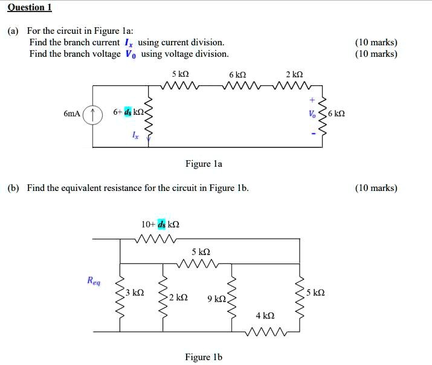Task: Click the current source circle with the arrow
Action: (x=92, y=115)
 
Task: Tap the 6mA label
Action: (x=71, y=114)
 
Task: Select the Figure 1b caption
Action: (x=204, y=357)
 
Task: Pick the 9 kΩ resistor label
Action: (x=216, y=299)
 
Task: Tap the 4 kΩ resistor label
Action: (x=265, y=315)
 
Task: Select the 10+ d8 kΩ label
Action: (x=160, y=224)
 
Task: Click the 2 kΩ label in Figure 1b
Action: (x=178, y=298)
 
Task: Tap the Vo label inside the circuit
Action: (x=311, y=114)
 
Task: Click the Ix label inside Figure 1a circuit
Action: (x=135, y=137)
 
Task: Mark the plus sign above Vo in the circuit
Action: (x=312, y=100)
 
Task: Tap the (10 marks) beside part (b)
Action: (x=376, y=188)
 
